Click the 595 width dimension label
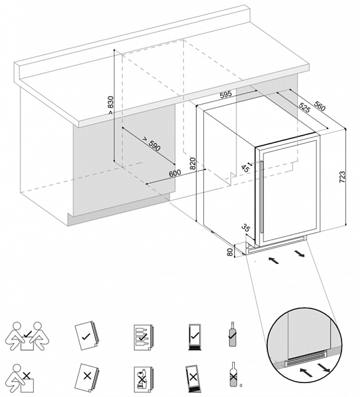[x=226, y=95]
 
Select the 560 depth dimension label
[x=320, y=106]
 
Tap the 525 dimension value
[x=304, y=107]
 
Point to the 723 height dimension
[x=341, y=177]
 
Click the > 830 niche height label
[x=111, y=105]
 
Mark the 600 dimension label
[x=175, y=173]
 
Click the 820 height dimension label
[x=193, y=163]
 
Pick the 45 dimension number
[x=245, y=167]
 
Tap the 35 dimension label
[x=246, y=228]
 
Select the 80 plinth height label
[x=230, y=252]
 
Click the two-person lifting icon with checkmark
[x=28, y=336]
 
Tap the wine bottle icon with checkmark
[x=232, y=334]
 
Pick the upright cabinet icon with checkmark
[x=195, y=337]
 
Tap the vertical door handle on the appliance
[x=261, y=197]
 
